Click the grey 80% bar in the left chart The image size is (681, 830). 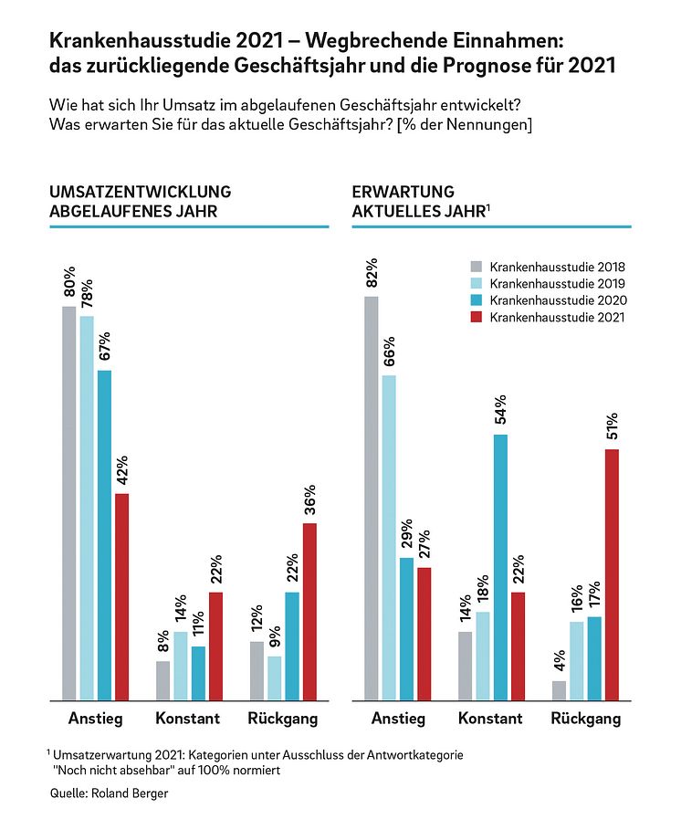(x=68, y=502)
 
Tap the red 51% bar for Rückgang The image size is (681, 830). (x=611, y=574)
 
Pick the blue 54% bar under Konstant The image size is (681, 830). (x=500, y=567)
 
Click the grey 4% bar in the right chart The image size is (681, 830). (x=559, y=690)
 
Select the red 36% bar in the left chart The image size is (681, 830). (x=309, y=611)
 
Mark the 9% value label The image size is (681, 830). (x=275, y=637)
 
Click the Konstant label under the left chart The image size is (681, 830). (x=187, y=719)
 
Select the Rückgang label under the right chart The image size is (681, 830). (x=585, y=719)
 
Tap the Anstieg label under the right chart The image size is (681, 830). (x=398, y=719)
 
